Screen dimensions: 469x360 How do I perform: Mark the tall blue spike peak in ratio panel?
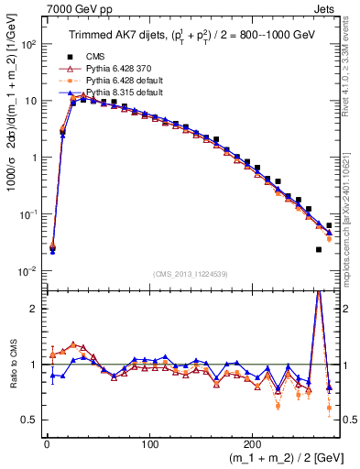point(318,292)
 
